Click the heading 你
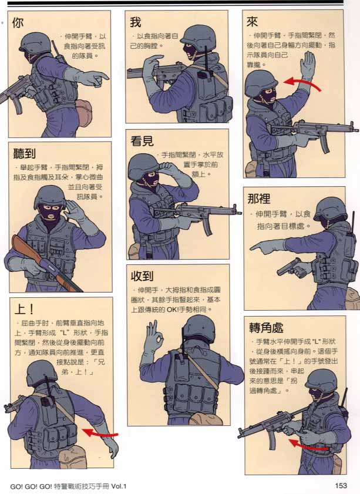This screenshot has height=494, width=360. tap(18, 23)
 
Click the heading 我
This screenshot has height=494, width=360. tap(136, 22)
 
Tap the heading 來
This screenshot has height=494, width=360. tap(253, 22)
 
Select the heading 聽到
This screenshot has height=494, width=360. tap(25, 154)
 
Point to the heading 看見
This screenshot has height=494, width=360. tap(143, 141)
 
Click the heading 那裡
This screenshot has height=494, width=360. tap(260, 198)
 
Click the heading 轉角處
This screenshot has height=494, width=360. tap(267, 327)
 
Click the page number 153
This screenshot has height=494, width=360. tap(341, 485)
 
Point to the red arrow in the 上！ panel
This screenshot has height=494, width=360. tap(100, 433)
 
